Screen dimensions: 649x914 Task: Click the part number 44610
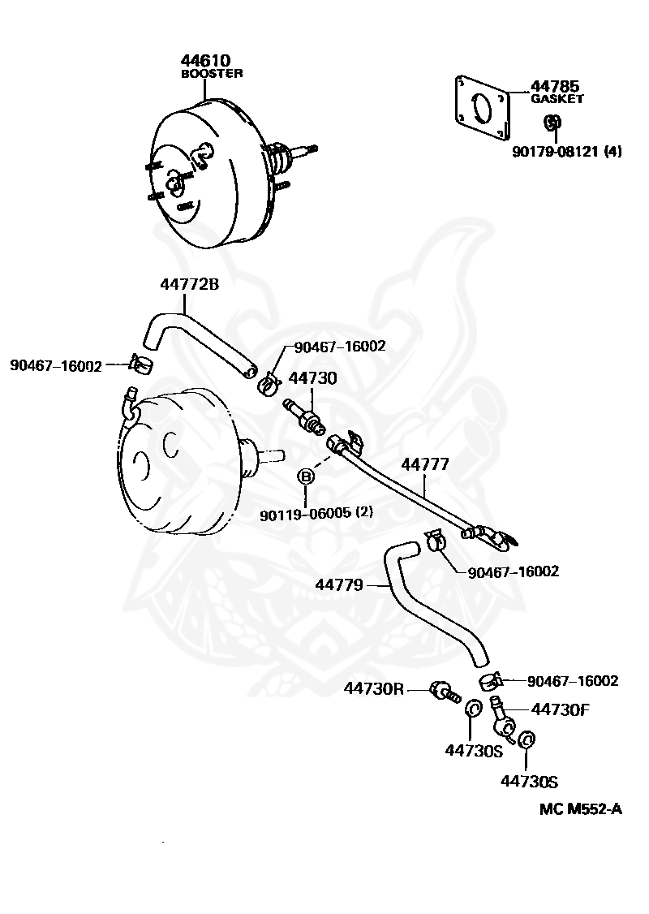(x=205, y=60)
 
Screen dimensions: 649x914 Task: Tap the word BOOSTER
(x=212, y=74)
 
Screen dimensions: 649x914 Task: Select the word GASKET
(x=557, y=99)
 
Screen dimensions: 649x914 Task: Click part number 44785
(x=555, y=87)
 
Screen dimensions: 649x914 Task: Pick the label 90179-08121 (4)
(x=567, y=152)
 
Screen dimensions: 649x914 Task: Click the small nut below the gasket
(x=553, y=123)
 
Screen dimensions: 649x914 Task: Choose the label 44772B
(x=190, y=284)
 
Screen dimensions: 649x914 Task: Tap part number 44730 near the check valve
(x=313, y=378)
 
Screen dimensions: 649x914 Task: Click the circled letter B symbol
(x=306, y=476)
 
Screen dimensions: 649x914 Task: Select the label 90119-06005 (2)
(x=316, y=514)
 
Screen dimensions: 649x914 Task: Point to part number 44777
(x=425, y=464)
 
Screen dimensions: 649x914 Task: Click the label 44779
(x=339, y=584)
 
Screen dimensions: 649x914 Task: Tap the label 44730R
(x=373, y=688)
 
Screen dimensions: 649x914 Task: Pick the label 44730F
(x=560, y=709)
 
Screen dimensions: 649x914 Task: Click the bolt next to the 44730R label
(x=445, y=692)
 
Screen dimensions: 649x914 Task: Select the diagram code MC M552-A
(x=580, y=809)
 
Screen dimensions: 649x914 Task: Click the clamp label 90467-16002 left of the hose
(x=56, y=366)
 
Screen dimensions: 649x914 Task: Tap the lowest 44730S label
(x=529, y=781)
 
